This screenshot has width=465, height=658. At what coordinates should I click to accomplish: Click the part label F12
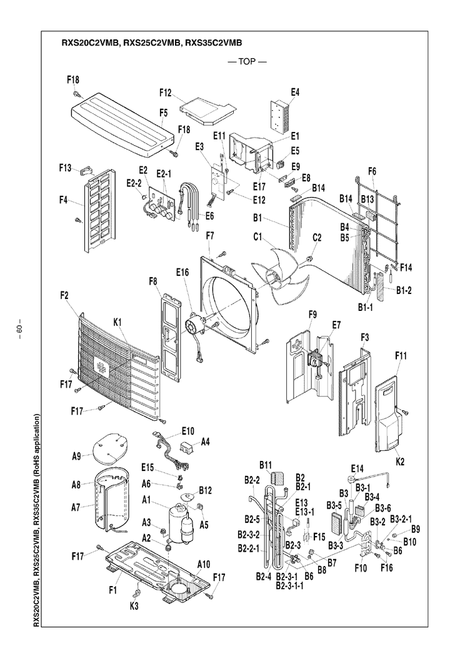point(165,93)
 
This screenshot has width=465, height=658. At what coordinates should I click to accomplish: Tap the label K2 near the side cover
point(399,462)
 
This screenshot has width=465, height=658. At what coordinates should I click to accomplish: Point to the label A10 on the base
point(203,564)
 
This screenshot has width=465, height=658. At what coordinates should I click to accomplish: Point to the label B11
point(266,465)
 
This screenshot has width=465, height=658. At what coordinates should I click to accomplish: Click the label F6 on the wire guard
point(372,171)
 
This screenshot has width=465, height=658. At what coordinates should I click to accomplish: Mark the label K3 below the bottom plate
point(134,607)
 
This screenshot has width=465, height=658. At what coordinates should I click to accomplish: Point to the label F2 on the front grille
point(64,295)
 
